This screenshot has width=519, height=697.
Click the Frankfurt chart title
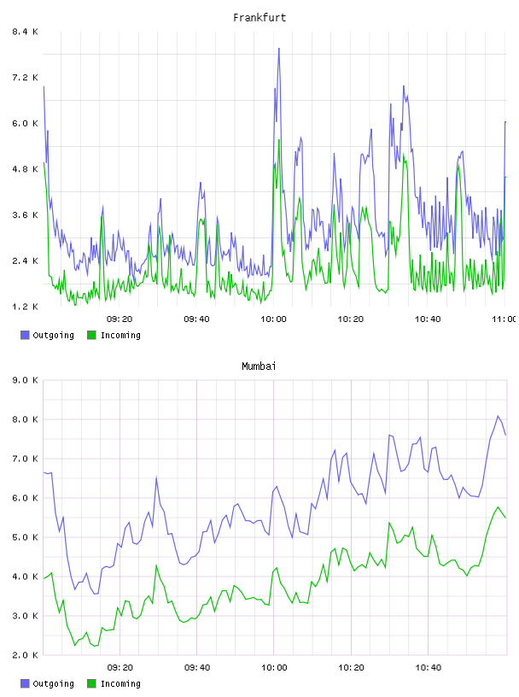pyautogui.click(x=259, y=17)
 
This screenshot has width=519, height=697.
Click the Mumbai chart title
pyautogui.click(x=259, y=366)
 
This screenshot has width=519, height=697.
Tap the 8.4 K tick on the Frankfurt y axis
pyautogui.click(x=25, y=32)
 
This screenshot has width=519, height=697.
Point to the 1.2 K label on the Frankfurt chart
pyautogui.click(x=25, y=307)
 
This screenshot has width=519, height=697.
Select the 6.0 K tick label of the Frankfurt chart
pyautogui.click(x=25, y=123)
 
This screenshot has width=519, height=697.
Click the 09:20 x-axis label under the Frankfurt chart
pyautogui.click(x=120, y=319)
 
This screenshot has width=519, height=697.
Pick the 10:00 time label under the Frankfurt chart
pyautogui.click(x=273, y=319)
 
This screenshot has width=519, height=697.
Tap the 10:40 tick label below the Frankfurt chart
pyautogui.click(x=428, y=319)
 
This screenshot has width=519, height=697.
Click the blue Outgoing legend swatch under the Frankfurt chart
pyautogui.click(x=25, y=335)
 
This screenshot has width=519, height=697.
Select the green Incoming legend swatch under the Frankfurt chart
pyautogui.click(x=91, y=335)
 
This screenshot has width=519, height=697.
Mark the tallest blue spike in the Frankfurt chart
pyautogui.click(x=278, y=49)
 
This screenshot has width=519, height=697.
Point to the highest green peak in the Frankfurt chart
pyautogui.click(x=278, y=140)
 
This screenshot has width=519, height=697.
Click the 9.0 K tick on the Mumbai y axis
pyautogui.click(x=25, y=380)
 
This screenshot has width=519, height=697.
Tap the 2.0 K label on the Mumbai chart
pyautogui.click(x=25, y=655)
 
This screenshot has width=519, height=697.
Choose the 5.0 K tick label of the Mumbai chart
pyautogui.click(x=25, y=537)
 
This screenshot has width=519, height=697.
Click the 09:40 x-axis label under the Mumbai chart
pyautogui.click(x=197, y=667)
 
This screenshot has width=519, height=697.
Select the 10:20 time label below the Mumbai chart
pyautogui.click(x=351, y=667)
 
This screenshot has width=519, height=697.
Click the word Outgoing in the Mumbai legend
pyautogui.click(x=53, y=683)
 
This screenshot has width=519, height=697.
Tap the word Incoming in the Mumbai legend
pyautogui.click(x=120, y=683)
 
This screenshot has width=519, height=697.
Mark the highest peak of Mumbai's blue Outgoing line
pyautogui.click(x=498, y=416)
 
